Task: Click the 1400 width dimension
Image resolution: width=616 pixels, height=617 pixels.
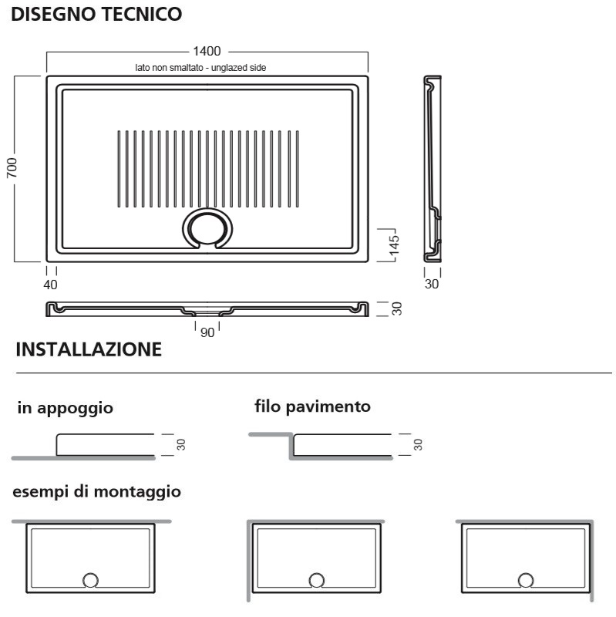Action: tap(207, 51)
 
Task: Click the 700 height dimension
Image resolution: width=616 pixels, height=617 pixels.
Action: tap(12, 167)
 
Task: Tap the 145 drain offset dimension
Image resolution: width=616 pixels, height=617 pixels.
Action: tap(394, 245)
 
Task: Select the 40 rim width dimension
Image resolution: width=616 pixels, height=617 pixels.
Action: tap(50, 285)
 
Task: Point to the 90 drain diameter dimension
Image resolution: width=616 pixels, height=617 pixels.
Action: tap(207, 332)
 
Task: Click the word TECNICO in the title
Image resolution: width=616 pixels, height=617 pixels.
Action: tap(142, 14)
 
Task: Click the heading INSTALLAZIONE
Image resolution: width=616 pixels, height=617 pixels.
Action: tap(89, 349)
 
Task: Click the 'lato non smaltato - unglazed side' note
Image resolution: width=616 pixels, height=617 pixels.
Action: tap(200, 68)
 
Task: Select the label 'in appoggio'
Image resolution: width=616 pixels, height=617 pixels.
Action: tap(66, 408)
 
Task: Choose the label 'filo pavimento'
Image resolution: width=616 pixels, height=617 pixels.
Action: tap(313, 406)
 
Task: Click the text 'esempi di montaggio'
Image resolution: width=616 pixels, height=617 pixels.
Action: tap(97, 491)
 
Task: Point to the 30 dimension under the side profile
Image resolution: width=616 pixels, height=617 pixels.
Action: tap(432, 284)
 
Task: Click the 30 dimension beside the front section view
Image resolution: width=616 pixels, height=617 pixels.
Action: tap(397, 308)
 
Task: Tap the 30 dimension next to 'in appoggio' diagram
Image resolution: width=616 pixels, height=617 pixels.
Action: tap(181, 445)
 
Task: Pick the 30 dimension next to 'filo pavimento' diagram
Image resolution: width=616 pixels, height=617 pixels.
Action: tap(418, 445)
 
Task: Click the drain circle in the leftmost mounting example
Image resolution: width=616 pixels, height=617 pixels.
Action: tap(90, 580)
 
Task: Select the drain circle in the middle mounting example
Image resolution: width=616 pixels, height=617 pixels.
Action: tap(317, 580)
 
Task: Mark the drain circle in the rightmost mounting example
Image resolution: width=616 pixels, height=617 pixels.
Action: tap(526, 580)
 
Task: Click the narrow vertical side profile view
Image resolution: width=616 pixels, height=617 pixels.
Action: tap(433, 169)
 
